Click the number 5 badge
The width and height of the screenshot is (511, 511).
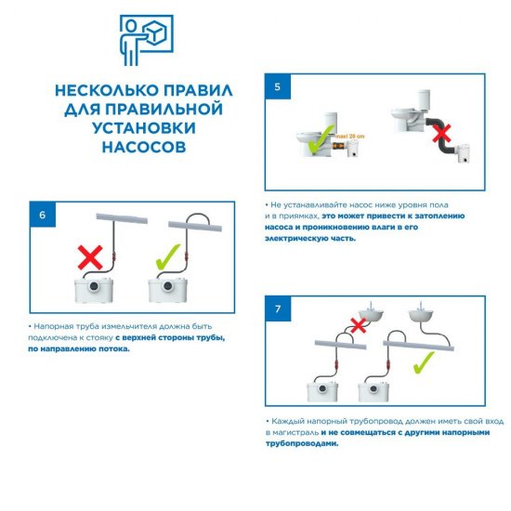[277, 87]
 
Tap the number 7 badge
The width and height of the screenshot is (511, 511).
[277, 308]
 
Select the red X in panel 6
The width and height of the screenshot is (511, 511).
[89, 253]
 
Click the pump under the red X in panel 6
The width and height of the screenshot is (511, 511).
[91, 291]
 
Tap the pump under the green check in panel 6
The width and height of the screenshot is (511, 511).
[171, 291]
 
